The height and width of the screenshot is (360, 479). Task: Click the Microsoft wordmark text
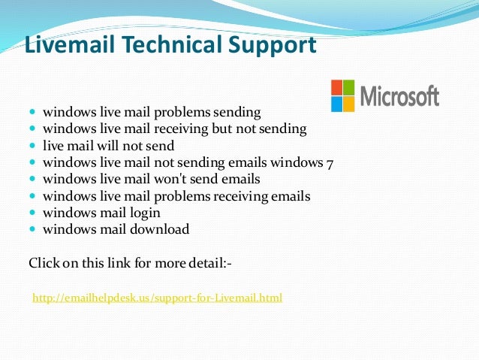click(x=399, y=96)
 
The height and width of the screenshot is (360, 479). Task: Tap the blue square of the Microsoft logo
click(x=337, y=104)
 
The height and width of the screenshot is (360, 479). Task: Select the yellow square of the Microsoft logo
click(x=348, y=104)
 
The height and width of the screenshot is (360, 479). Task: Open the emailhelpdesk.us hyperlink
click(x=157, y=298)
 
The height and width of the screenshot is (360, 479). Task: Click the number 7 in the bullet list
click(x=327, y=162)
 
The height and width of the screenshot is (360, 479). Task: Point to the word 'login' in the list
click(x=145, y=213)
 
